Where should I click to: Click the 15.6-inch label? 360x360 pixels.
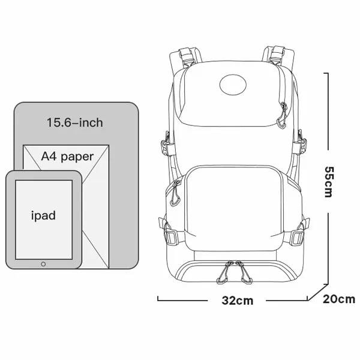(75, 122)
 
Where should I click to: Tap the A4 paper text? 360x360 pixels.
(67, 157)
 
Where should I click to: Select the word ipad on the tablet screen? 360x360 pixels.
(43, 215)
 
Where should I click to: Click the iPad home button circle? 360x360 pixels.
(43, 264)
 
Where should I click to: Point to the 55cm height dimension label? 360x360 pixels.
(329, 182)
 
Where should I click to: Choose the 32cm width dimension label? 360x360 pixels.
(238, 301)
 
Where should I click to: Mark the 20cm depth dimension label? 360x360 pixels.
(339, 299)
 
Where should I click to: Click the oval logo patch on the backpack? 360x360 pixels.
(233, 85)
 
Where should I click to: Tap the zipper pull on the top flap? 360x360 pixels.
(282, 116)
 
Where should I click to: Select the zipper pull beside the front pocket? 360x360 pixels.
(175, 194)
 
